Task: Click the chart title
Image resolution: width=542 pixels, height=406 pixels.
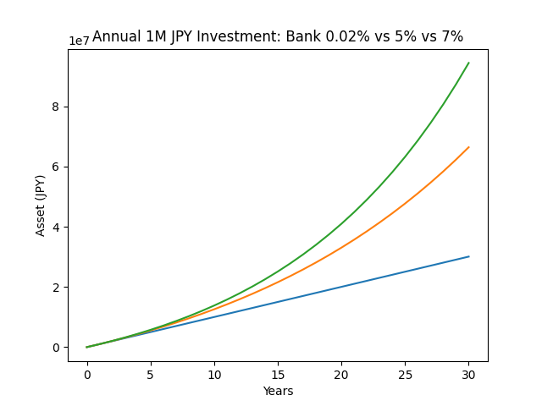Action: pos(278,36)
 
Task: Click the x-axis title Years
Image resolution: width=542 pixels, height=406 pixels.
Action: pos(278,391)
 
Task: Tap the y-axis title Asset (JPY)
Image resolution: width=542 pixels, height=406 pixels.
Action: pos(41,205)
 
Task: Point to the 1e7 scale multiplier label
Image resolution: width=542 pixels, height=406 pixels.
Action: pos(80,41)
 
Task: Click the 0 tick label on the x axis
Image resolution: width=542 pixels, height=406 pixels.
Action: pos(87,374)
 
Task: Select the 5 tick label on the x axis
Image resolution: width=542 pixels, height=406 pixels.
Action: pos(151,374)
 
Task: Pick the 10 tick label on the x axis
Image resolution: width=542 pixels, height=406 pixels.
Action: pos(214,374)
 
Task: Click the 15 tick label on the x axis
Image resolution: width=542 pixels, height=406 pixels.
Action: pos(278,374)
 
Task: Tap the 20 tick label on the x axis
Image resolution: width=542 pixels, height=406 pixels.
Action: pos(341,374)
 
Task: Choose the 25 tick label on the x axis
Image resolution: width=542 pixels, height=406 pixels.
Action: pos(405,374)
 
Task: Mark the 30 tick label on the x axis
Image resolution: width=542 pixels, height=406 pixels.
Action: pos(468,374)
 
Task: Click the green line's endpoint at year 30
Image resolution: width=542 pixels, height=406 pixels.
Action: pos(468,63)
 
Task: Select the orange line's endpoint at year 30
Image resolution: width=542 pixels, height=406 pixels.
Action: pos(468,147)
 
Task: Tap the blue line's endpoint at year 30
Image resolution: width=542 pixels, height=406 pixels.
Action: pos(468,256)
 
